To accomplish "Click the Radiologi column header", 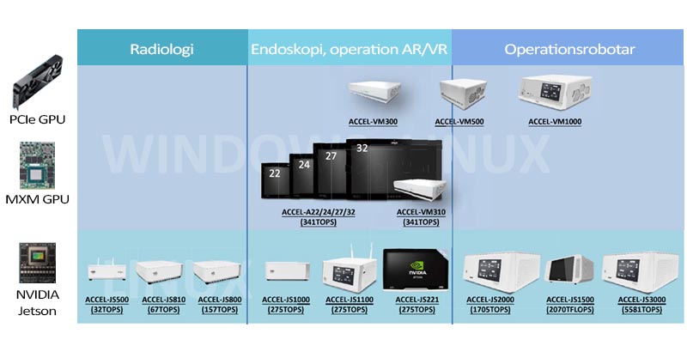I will coord(161,49).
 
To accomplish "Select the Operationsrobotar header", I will coord(569,49).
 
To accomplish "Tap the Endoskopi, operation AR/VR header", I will coord(350,49).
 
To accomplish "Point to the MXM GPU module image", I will coord(37,165).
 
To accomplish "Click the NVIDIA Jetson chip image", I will coord(37,262).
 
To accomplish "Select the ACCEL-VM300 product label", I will coord(373,122).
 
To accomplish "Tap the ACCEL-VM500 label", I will coord(459,122).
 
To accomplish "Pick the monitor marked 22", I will coord(276,178).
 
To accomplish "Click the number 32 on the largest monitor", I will coord(362,149).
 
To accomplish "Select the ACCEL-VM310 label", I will coord(421,210).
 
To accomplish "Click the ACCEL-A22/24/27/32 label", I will coord(319,210).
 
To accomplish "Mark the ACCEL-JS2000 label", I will coord(490,300).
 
